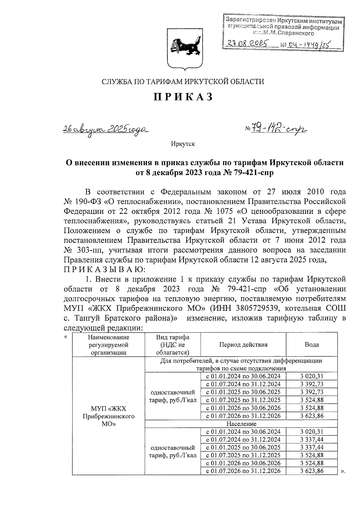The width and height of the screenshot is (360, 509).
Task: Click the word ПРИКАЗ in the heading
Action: click(183, 97)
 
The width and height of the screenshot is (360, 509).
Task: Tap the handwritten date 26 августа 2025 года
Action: click(105, 130)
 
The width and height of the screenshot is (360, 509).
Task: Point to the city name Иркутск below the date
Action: click(183, 144)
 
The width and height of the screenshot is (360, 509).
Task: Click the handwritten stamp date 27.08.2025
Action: click(247, 44)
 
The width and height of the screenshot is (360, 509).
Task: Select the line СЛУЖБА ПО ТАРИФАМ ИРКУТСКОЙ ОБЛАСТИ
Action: click(183, 81)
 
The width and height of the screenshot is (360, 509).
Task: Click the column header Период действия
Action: click(243, 345)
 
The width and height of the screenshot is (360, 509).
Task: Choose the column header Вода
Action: click(312, 345)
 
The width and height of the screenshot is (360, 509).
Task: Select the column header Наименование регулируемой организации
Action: click(108, 345)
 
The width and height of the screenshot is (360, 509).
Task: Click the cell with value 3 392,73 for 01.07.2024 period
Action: click(312, 384)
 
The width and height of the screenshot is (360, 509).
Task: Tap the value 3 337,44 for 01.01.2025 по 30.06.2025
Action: click(312, 447)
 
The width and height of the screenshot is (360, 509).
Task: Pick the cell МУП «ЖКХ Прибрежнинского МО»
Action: click(108, 417)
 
